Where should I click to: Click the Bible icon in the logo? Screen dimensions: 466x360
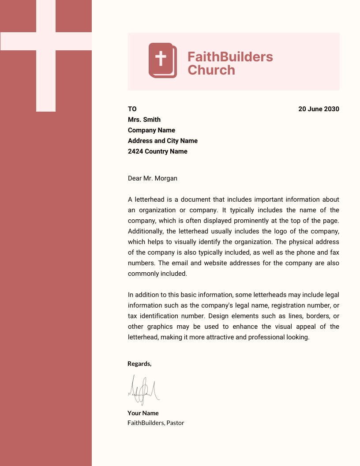pyautogui.click(x=162, y=60)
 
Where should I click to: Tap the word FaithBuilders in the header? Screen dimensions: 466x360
pyautogui.click(x=230, y=56)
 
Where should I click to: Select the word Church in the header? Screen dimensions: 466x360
pyautogui.click(x=211, y=70)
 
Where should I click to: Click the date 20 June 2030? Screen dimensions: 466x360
pyautogui.click(x=319, y=109)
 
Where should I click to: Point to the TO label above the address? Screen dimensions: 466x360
pyautogui.click(x=132, y=109)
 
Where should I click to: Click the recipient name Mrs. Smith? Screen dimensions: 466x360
pyautogui.click(x=144, y=120)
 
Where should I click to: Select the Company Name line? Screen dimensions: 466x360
pyautogui.click(x=151, y=130)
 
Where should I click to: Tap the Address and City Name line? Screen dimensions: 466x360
pyautogui.click(x=163, y=141)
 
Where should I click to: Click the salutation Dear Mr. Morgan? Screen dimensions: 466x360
pyautogui.click(x=153, y=178)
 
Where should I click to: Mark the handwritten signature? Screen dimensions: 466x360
pyautogui.click(x=143, y=390)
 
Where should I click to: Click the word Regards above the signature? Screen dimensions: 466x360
pyautogui.click(x=139, y=364)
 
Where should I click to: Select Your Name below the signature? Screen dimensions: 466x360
pyautogui.click(x=143, y=413)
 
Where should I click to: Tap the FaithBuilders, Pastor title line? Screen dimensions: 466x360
pyautogui.click(x=156, y=423)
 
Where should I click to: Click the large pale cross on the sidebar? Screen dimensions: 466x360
pyautogui.click(x=46, y=41)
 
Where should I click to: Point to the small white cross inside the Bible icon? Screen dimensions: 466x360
pyautogui.click(x=161, y=58)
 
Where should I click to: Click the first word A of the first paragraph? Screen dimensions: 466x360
pyautogui.click(x=130, y=199)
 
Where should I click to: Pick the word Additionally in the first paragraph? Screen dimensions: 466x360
pyautogui.click(x=145, y=231)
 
